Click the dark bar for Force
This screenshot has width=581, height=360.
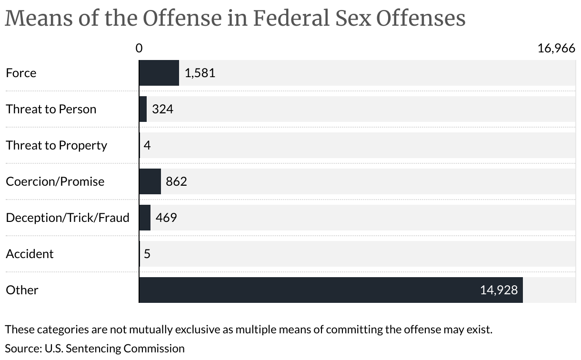[x=159, y=73]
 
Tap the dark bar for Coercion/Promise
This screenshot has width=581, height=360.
[x=150, y=181]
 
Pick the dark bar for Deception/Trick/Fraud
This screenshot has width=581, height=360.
[x=145, y=218]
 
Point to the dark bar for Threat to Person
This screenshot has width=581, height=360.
[x=143, y=109]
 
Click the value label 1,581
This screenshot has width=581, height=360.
[x=200, y=73]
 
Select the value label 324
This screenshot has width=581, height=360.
[x=162, y=109]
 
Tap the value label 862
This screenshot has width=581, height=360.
[x=176, y=181]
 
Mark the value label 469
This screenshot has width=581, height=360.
[x=166, y=218]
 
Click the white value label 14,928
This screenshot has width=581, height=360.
[x=499, y=290]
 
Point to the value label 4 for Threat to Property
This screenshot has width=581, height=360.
[x=147, y=145]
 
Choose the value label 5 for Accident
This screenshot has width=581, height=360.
[x=147, y=254]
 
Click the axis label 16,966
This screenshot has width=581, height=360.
[x=556, y=48]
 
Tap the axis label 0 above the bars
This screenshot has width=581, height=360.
[x=139, y=48]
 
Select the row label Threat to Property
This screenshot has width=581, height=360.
[x=56, y=145]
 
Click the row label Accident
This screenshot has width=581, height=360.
[x=30, y=254]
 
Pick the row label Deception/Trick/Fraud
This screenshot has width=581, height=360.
[x=68, y=218]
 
